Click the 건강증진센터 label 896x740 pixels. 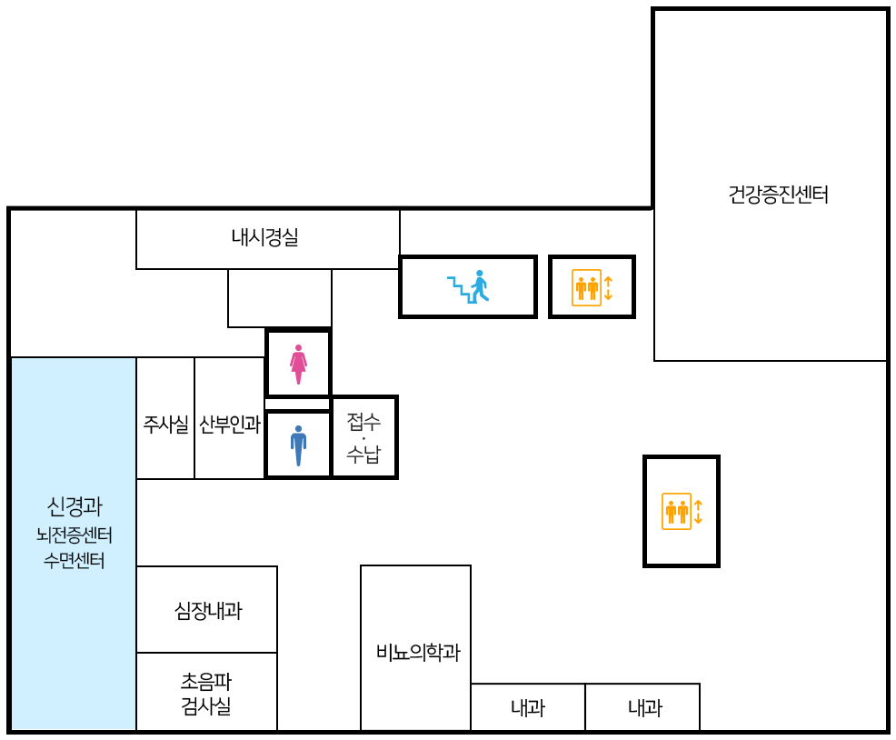coord(779,195)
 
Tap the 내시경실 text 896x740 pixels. coord(264,239)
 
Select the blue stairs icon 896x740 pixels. coord(468,286)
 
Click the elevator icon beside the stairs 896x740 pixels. coord(586,287)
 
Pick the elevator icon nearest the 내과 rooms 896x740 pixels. coord(677,511)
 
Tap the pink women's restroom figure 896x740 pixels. coord(298,364)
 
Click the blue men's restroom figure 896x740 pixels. coord(298,445)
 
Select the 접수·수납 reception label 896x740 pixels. coord(363,437)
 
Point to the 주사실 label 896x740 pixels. coord(165,424)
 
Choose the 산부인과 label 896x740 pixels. coord(229,424)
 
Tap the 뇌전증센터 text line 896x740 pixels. coord(74,535)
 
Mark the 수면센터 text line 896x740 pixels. coord(74,560)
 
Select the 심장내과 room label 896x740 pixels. coord(207,611)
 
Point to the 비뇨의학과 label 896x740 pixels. coord(417,652)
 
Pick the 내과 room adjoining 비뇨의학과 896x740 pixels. coord(527,708)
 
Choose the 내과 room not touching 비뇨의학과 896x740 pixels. coord(644,708)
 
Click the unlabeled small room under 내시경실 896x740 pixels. coord(279,298)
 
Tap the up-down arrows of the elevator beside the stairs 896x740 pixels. coord(609,287)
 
